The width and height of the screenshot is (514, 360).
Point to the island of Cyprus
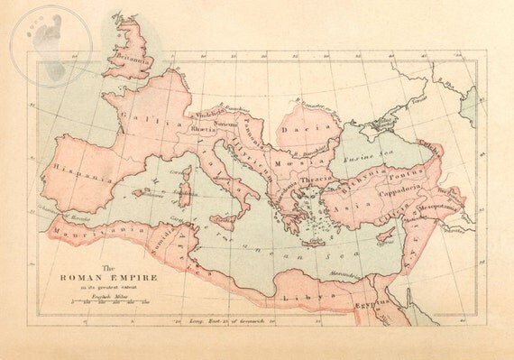[387, 241]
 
